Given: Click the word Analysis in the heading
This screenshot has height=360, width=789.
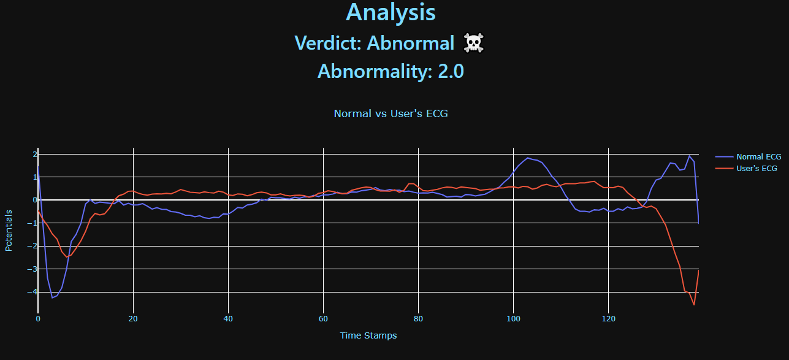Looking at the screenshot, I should (x=391, y=13).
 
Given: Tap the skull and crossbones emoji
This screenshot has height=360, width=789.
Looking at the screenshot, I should (x=473, y=43).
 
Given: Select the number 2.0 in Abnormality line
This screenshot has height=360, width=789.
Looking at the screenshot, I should (x=451, y=72).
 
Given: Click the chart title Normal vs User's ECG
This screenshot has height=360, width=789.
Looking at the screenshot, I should (x=391, y=113).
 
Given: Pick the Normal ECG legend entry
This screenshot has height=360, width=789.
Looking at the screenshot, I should (x=758, y=156).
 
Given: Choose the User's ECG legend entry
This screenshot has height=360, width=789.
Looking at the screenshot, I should (x=757, y=168).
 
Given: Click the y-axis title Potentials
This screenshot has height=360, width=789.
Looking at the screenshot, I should (x=9, y=230).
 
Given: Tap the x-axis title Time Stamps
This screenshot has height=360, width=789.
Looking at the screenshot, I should (x=368, y=335).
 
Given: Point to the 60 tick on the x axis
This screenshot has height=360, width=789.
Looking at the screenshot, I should (x=323, y=319).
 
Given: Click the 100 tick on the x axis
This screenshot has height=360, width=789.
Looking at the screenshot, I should (x=514, y=319).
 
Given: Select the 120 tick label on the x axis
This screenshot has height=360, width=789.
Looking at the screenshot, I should (x=609, y=319).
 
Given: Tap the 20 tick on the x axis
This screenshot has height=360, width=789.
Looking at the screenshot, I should (x=133, y=319).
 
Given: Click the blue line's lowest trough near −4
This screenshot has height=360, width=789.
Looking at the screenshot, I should (x=52, y=298).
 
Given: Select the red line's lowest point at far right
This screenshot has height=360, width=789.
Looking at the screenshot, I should (x=694, y=305).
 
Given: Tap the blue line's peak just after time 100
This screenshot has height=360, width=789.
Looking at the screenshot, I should (x=528, y=158).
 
